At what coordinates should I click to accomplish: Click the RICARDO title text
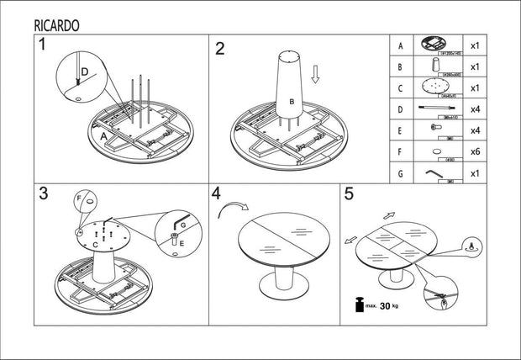(57, 24)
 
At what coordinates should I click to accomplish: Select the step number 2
(220, 48)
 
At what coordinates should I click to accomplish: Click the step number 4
(217, 193)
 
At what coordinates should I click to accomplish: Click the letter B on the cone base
(292, 102)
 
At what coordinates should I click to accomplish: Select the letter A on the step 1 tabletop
(103, 135)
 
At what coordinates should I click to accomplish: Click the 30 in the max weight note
(386, 306)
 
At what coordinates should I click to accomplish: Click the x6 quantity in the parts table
(475, 152)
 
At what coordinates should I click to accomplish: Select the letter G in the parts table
(401, 173)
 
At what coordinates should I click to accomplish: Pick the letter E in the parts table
(401, 130)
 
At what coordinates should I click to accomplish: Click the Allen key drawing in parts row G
(434, 172)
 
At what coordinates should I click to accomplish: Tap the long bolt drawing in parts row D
(434, 109)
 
